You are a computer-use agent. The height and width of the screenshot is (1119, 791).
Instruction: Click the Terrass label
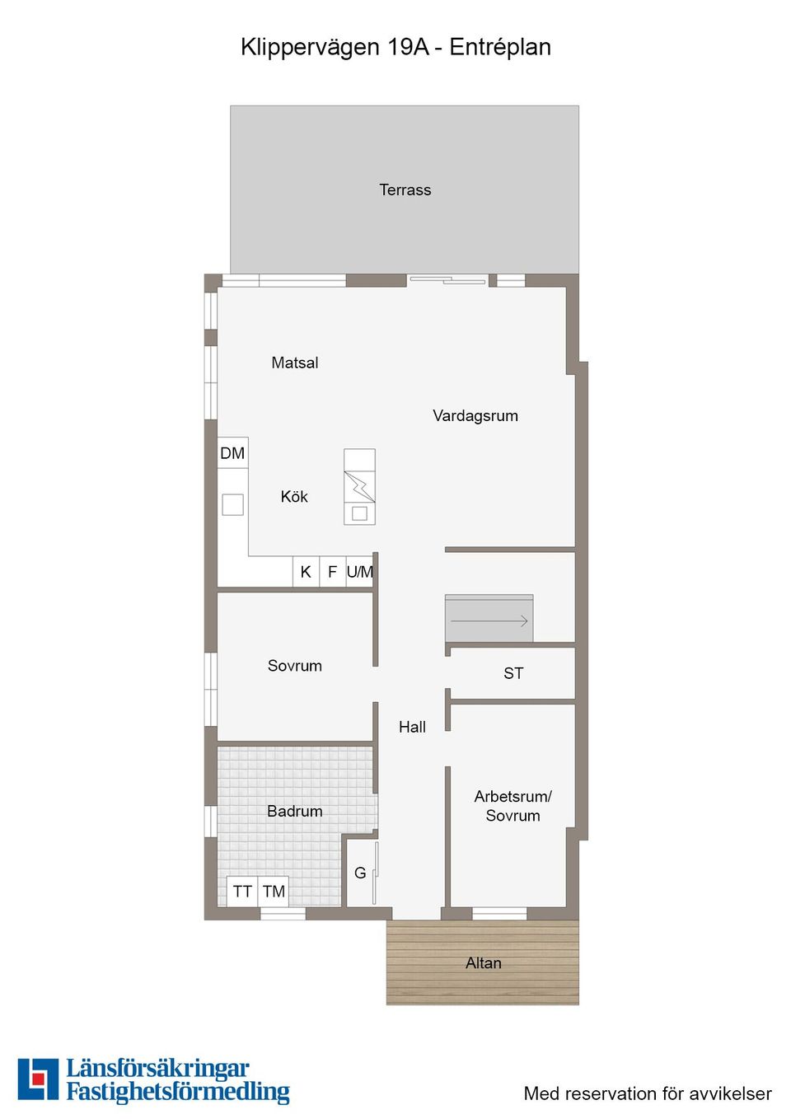click(x=405, y=190)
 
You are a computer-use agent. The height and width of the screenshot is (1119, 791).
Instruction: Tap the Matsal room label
click(x=294, y=363)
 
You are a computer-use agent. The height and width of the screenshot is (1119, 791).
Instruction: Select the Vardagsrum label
click(x=475, y=416)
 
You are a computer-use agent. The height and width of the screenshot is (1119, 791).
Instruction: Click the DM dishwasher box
click(x=232, y=453)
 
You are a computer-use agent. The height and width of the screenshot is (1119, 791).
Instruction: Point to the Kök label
click(x=294, y=497)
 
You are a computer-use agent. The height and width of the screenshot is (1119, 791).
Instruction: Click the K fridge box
click(x=306, y=572)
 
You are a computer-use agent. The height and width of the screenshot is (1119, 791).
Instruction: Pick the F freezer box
click(x=332, y=572)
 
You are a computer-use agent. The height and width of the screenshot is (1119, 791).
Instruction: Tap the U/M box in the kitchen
click(x=360, y=572)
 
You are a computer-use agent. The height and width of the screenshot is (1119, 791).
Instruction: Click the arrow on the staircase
click(x=489, y=620)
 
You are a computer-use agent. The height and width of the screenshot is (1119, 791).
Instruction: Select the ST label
click(x=513, y=673)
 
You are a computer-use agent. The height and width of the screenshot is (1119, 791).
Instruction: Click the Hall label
click(x=412, y=727)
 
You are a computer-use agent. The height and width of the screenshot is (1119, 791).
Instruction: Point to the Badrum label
click(x=294, y=812)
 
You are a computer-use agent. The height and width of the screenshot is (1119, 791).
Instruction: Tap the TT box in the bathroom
click(x=242, y=892)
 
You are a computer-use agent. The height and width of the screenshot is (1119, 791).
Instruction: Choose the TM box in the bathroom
click(x=274, y=892)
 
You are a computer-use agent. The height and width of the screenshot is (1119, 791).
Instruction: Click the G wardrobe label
click(x=360, y=873)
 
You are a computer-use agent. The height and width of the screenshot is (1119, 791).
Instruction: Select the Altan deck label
click(x=483, y=963)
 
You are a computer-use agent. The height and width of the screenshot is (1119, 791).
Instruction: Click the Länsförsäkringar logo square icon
click(x=38, y=1079)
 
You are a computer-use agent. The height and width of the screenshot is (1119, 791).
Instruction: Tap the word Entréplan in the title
click(x=500, y=48)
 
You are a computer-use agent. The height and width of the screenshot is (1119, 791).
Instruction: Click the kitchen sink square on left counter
click(x=233, y=504)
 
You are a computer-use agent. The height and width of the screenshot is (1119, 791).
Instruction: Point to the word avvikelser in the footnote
click(x=730, y=1094)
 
